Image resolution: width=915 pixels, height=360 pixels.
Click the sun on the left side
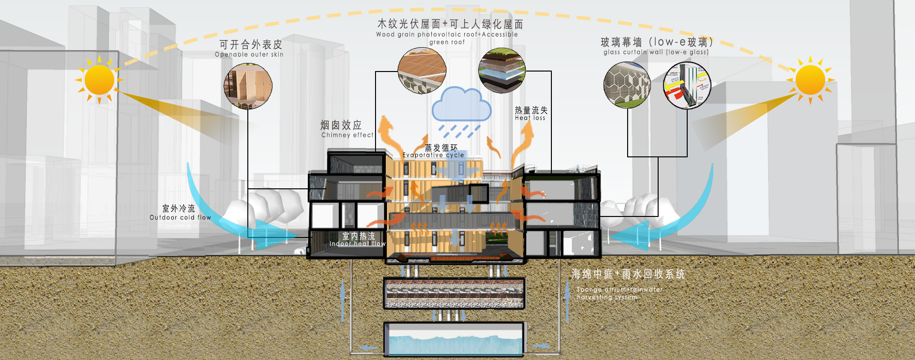(99, 80)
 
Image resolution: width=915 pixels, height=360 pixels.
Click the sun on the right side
(810, 80)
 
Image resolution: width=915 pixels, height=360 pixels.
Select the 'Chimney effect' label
(347, 135)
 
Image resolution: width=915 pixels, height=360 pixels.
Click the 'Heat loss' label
(530, 118)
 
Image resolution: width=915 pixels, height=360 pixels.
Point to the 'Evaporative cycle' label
(433, 155)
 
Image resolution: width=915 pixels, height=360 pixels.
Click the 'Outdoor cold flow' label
(180, 217)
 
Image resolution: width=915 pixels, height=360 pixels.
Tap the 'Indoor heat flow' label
(357, 244)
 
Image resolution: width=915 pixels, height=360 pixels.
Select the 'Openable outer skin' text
(249, 54)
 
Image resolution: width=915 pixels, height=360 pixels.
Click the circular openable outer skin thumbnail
(248, 86)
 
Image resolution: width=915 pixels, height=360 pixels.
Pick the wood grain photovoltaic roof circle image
(422, 71)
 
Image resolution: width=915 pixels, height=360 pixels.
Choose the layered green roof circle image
(501, 71)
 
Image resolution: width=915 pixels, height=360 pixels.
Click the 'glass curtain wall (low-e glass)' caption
(656, 52)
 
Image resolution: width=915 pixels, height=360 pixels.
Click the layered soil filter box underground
(454, 293)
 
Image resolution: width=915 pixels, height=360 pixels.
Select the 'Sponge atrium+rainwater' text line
(620, 289)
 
